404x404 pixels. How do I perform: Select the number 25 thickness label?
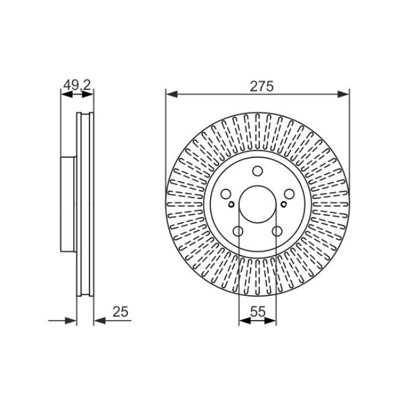(x=122, y=313)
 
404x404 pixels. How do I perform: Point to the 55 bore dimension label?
(x=257, y=313)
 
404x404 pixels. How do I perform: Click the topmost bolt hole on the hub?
(x=257, y=173)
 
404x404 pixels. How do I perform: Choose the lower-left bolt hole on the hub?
(x=239, y=232)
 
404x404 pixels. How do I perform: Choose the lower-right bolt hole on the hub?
(x=276, y=232)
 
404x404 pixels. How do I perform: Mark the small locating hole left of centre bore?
(x=231, y=206)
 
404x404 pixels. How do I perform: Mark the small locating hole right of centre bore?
(x=284, y=206)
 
